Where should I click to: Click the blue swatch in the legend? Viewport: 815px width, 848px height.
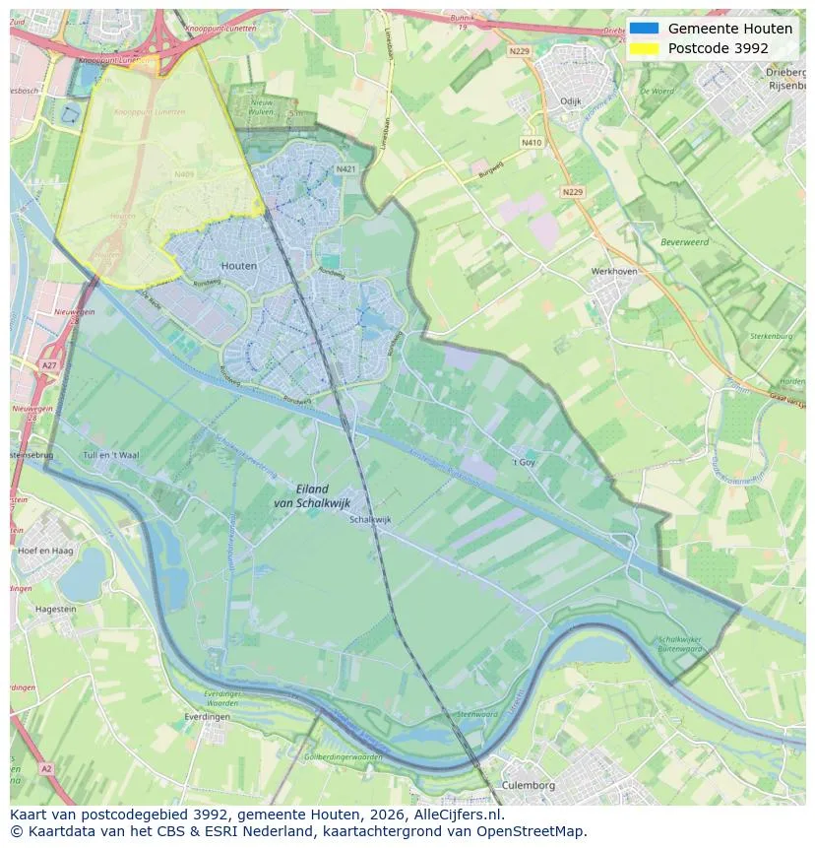[x=645, y=29]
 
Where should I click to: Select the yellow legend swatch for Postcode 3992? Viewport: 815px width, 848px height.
[x=645, y=48]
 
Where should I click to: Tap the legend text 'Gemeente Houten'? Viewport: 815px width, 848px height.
[x=729, y=29]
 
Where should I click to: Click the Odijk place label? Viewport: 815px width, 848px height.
[x=571, y=101]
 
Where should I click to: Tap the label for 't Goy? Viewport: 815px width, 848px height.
[x=524, y=461]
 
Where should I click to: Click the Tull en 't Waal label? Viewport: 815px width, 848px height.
[x=111, y=455]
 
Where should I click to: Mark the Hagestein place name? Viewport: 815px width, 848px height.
[x=56, y=610]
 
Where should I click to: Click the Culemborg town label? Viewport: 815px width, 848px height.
[x=529, y=785]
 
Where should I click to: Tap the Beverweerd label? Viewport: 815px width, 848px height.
[x=684, y=241]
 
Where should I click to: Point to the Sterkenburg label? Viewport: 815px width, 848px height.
[x=771, y=336]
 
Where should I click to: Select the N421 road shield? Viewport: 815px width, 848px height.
[x=345, y=169]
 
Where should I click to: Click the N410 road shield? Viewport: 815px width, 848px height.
[x=532, y=143]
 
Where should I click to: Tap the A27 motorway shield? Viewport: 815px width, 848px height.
[x=49, y=365]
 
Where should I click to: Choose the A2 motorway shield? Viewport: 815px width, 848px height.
[x=45, y=767]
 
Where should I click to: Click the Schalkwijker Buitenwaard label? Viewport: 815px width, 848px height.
[x=680, y=644]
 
